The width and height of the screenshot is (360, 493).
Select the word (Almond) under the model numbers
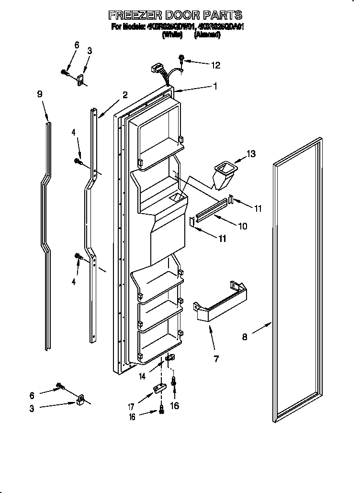click(207, 34)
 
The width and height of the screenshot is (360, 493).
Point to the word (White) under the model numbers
click(173, 34)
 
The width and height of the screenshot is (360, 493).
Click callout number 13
click(251, 154)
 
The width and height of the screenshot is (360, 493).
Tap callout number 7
click(216, 358)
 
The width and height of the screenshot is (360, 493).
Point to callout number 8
click(245, 337)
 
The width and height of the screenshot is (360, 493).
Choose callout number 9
click(40, 94)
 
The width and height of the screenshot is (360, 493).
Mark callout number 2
click(124, 94)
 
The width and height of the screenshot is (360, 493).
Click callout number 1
click(215, 86)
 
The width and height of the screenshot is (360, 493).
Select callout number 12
click(216, 64)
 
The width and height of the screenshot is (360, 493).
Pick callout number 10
click(243, 226)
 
